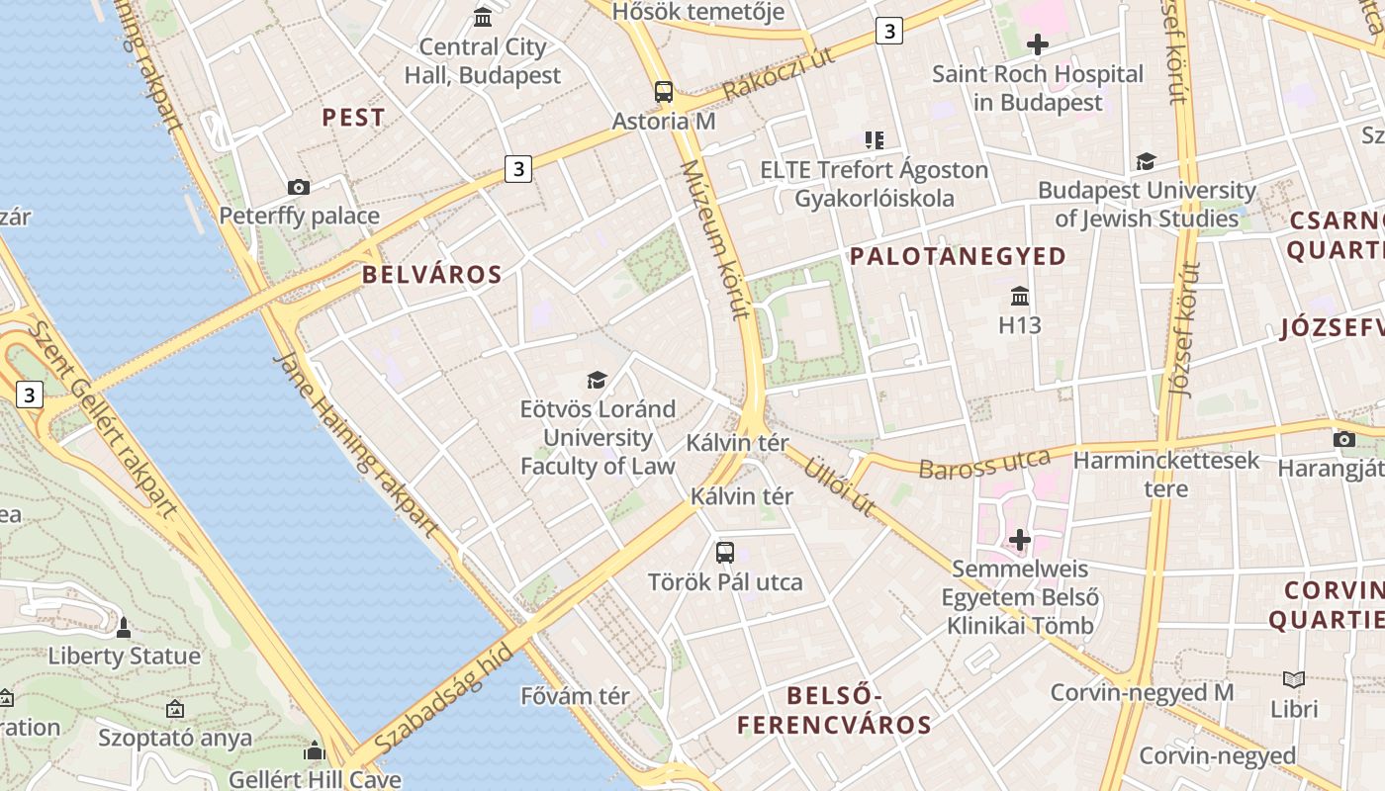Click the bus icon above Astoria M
(664, 92)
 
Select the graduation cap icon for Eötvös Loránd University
(597, 380)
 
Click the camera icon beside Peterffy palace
(298, 187)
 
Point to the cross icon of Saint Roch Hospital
(1037, 44)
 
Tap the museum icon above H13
(1020, 296)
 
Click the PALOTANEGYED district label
(958, 257)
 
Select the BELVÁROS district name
(432, 275)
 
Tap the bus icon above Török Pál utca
(725, 553)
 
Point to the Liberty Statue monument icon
(124, 627)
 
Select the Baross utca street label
(983, 464)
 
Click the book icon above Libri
(1294, 679)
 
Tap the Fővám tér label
(575, 696)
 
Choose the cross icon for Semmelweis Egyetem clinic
(1020, 540)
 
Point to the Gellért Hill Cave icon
(315, 750)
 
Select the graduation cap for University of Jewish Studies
(1146, 161)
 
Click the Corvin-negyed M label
(1142, 692)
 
